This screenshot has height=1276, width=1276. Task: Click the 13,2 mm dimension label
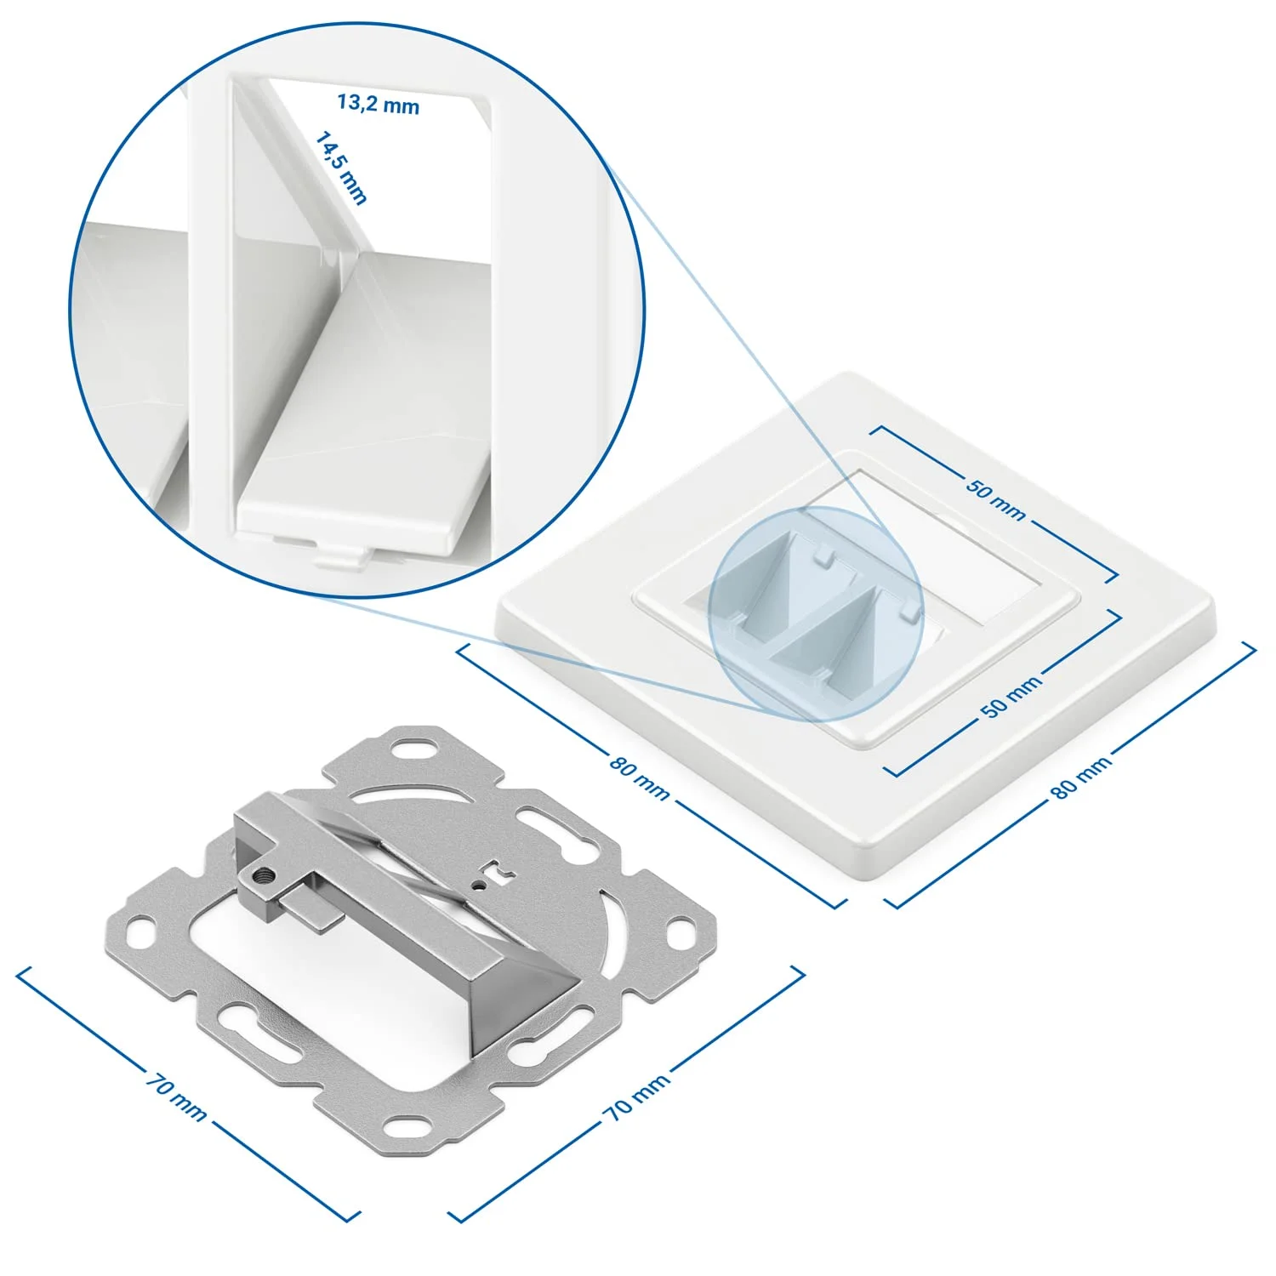coord(379,104)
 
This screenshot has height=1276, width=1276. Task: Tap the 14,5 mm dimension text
coord(341,168)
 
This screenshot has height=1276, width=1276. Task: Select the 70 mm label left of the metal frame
coord(176,1097)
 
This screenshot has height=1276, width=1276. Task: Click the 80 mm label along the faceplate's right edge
coord(1081,778)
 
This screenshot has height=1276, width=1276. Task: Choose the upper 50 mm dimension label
coord(995,498)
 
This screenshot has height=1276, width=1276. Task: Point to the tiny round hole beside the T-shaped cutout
coord(482,884)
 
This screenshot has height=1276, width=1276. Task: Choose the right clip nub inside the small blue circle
coord(909,610)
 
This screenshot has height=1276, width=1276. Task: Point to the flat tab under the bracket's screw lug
coord(310,909)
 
